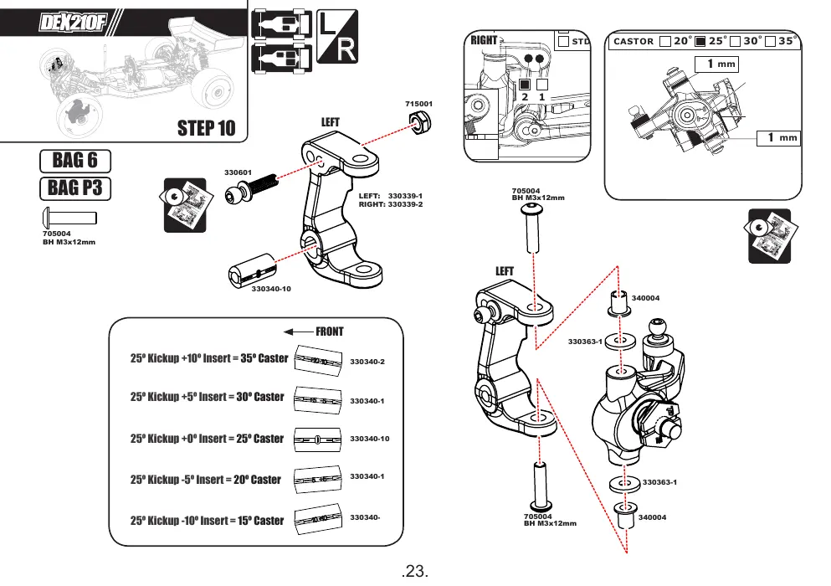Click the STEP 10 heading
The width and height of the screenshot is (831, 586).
click(x=206, y=128)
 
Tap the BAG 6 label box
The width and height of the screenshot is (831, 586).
click(x=75, y=161)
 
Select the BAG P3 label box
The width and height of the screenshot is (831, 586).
click(x=75, y=188)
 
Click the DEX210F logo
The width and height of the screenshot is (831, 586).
click(x=73, y=23)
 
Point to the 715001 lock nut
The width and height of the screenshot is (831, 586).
click(x=421, y=123)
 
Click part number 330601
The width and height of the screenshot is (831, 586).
click(x=238, y=172)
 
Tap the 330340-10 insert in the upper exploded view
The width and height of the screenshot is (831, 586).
click(x=252, y=270)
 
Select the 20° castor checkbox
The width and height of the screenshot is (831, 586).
click(x=665, y=41)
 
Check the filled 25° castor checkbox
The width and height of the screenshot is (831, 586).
click(x=700, y=41)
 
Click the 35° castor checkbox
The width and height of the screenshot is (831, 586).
click(x=771, y=41)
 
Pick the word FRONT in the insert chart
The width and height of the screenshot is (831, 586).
click(x=330, y=332)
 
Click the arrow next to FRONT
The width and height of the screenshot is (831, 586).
click(x=299, y=332)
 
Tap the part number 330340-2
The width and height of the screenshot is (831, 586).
click(x=367, y=362)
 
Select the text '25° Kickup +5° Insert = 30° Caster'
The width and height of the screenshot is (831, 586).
click(x=208, y=397)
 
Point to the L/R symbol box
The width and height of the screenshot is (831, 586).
click(x=337, y=36)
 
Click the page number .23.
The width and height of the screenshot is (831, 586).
click(x=415, y=571)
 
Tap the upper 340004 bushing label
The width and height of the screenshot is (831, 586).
click(x=645, y=298)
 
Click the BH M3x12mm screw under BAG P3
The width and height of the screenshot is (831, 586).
click(x=69, y=218)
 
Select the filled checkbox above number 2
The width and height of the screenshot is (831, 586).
click(x=525, y=85)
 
